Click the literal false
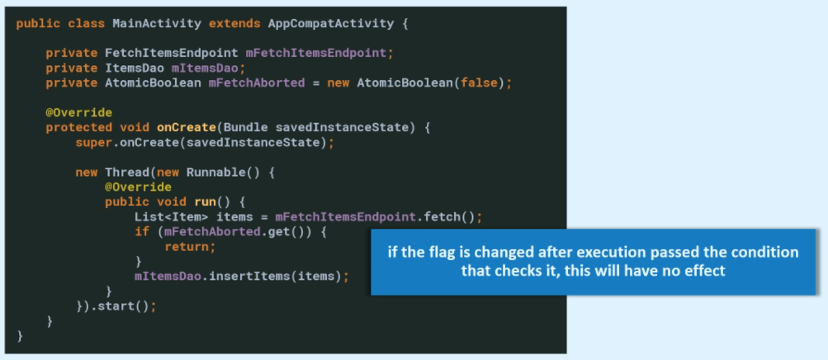click(482, 83)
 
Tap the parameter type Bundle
click(245, 127)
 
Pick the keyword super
click(92, 142)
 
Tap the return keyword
click(190, 246)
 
